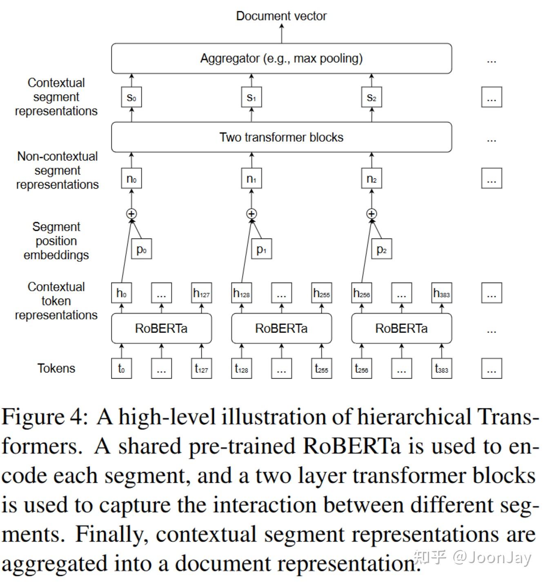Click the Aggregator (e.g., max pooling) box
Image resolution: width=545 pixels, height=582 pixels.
click(x=281, y=58)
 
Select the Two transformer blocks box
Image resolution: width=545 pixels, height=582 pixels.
click(x=281, y=137)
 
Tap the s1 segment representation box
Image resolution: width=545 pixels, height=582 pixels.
click(x=251, y=98)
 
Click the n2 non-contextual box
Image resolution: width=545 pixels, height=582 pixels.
click(x=371, y=179)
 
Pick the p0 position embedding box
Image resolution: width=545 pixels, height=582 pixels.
click(x=141, y=249)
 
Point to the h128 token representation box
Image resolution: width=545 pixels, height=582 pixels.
click(x=241, y=293)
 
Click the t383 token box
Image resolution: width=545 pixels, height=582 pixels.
click(x=441, y=369)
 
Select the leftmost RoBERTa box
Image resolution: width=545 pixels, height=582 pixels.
click(x=161, y=328)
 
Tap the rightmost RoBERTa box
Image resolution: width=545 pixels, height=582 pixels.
click(x=401, y=328)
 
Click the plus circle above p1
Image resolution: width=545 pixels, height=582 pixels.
click(x=251, y=214)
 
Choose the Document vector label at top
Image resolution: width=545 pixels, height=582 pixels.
click(x=281, y=16)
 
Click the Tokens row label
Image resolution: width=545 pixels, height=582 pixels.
click(x=56, y=368)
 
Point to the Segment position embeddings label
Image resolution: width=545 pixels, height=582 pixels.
click(x=56, y=241)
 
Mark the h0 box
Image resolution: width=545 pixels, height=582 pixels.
click(x=121, y=293)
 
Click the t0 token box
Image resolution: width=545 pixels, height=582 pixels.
click(x=121, y=369)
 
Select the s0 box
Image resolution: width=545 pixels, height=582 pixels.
click(x=131, y=98)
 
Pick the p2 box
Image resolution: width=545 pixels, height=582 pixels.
click(x=382, y=249)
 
